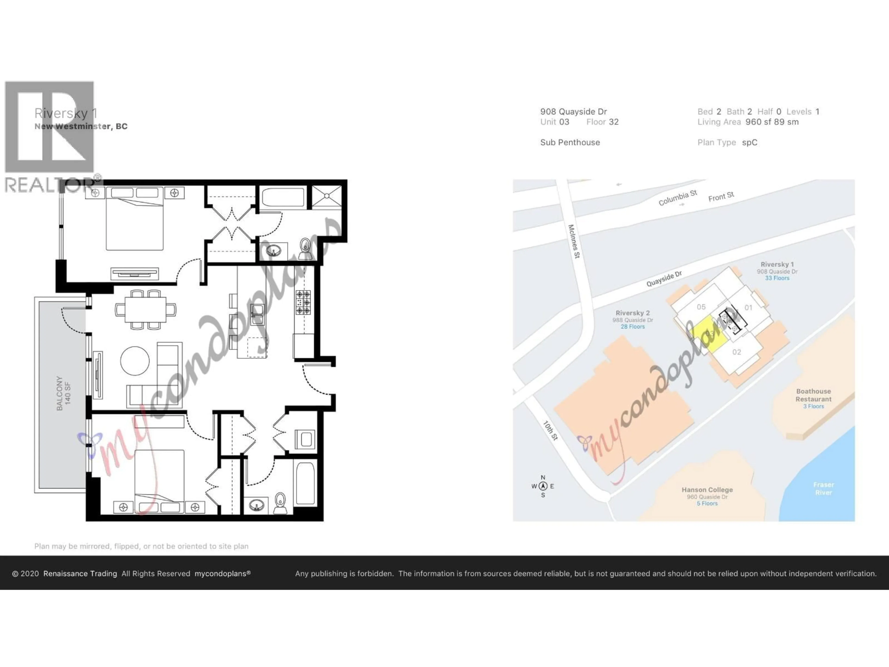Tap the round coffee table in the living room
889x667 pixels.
tap(135, 361)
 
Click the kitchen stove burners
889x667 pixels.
tap(303, 302)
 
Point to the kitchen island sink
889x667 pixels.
tap(257, 315)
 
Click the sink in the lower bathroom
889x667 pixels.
tap(256, 505)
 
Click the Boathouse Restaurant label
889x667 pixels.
tap(814, 395)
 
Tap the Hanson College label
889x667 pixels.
tap(707, 490)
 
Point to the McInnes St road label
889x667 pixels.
tap(574, 241)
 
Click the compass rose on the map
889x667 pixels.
tap(543, 486)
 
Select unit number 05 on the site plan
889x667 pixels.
tap(701, 307)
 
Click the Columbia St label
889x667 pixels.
tap(678, 198)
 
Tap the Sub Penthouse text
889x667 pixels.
tap(570, 142)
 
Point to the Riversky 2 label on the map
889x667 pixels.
tap(632, 313)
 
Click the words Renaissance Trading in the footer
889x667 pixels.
tap(80, 574)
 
